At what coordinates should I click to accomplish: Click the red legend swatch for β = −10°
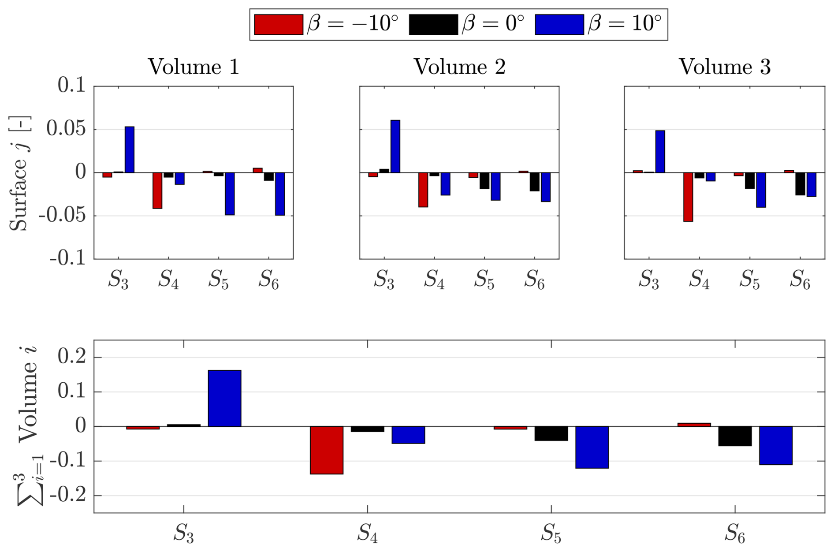[x=279, y=24]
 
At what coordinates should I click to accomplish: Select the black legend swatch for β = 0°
[x=433, y=24]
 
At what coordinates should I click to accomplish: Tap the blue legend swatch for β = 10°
[x=559, y=24]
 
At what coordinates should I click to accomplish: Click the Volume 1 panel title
[x=194, y=67]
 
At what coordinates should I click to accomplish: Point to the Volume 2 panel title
[x=459, y=67]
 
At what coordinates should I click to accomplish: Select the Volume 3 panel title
[x=725, y=67]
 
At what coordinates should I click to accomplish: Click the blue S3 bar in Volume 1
[x=130, y=149]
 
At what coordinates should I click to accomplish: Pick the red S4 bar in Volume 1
[x=157, y=190]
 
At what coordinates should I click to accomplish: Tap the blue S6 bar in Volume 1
[x=280, y=194]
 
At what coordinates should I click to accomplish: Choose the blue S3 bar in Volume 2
[x=395, y=146]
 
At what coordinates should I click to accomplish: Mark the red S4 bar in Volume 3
[x=688, y=197]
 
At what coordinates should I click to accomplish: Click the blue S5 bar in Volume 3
[x=761, y=190]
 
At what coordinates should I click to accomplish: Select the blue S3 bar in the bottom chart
[x=224, y=398]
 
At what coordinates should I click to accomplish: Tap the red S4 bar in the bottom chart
[x=327, y=450]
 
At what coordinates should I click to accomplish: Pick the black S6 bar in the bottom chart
[x=735, y=436]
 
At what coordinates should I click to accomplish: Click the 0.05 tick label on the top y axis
[x=66, y=129]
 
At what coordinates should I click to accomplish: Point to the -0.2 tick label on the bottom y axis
[x=68, y=496]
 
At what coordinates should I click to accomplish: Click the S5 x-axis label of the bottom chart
[x=551, y=533]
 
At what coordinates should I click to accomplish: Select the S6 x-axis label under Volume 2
[x=534, y=280]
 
